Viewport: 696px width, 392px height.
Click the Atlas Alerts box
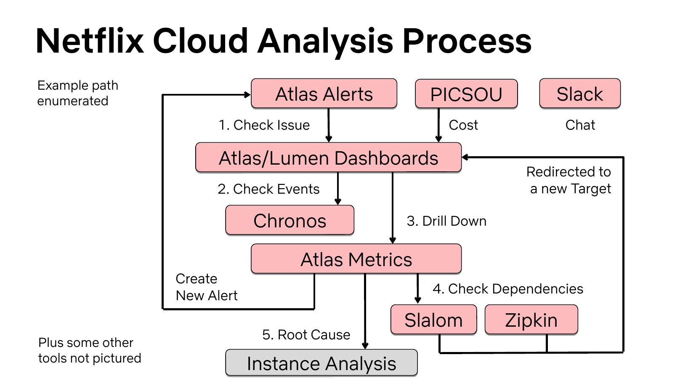(x=324, y=93)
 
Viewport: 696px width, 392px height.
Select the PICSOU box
(x=466, y=94)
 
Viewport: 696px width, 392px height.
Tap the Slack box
(x=579, y=93)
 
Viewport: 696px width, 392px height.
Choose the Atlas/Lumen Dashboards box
(x=328, y=157)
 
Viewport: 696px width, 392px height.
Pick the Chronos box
(x=290, y=220)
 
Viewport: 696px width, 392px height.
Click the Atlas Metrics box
(x=356, y=259)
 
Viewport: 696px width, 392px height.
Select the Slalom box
(x=433, y=320)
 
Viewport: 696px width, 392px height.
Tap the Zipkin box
(x=531, y=320)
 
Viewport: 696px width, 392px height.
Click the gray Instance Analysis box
(x=321, y=363)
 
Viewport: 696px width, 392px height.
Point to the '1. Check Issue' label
(x=264, y=125)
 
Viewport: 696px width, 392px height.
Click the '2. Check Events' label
(x=268, y=189)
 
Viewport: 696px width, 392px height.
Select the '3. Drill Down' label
(x=446, y=221)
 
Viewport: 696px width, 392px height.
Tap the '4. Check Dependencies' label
(x=508, y=289)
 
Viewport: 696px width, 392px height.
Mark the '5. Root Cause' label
(x=306, y=335)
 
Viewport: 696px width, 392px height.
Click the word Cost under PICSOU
(x=463, y=125)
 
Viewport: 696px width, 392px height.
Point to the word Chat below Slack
(x=580, y=125)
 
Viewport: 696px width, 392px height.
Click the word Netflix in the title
(x=90, y=41)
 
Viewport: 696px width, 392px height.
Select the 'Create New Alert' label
(x=206, y=287)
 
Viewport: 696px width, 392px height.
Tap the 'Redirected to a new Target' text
(x=569, y=180)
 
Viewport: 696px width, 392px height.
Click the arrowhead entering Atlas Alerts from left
(x=247, y=95)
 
